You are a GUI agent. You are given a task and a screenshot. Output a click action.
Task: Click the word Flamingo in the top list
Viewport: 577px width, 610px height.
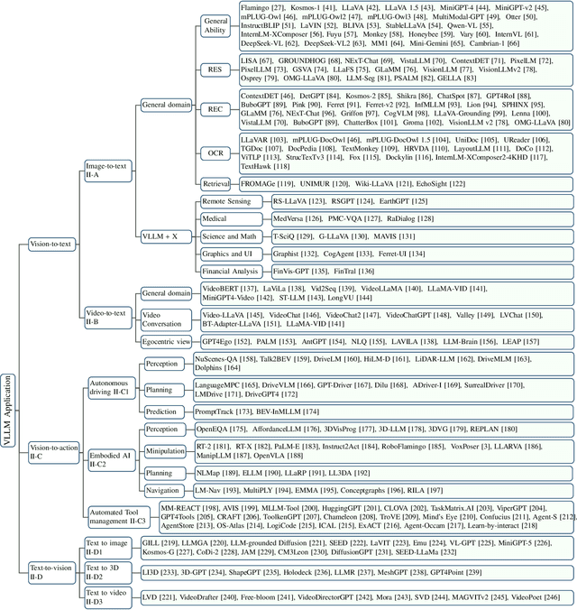click(x=259, y=7)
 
